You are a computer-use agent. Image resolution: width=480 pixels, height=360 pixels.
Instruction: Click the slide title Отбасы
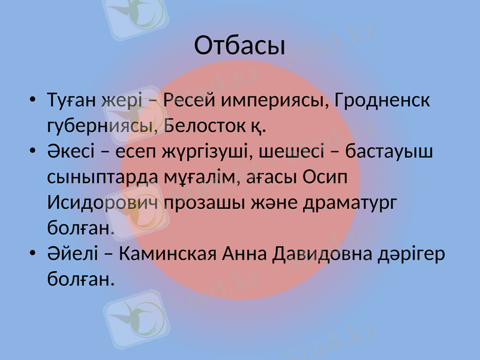click(239, 46)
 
